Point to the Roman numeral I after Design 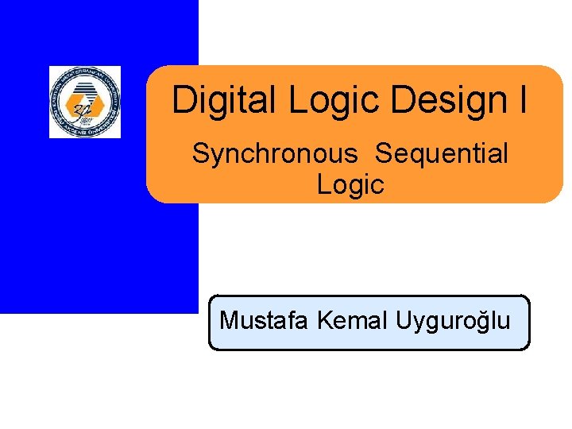(522, 101)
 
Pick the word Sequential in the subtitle (442, 154)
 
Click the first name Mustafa (265, 320)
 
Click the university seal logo (85, 102)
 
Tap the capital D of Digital (184, 101)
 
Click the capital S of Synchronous (200, 154)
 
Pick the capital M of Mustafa (229, 320)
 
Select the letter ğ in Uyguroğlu (484, 322)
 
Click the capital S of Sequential (383, 154)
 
